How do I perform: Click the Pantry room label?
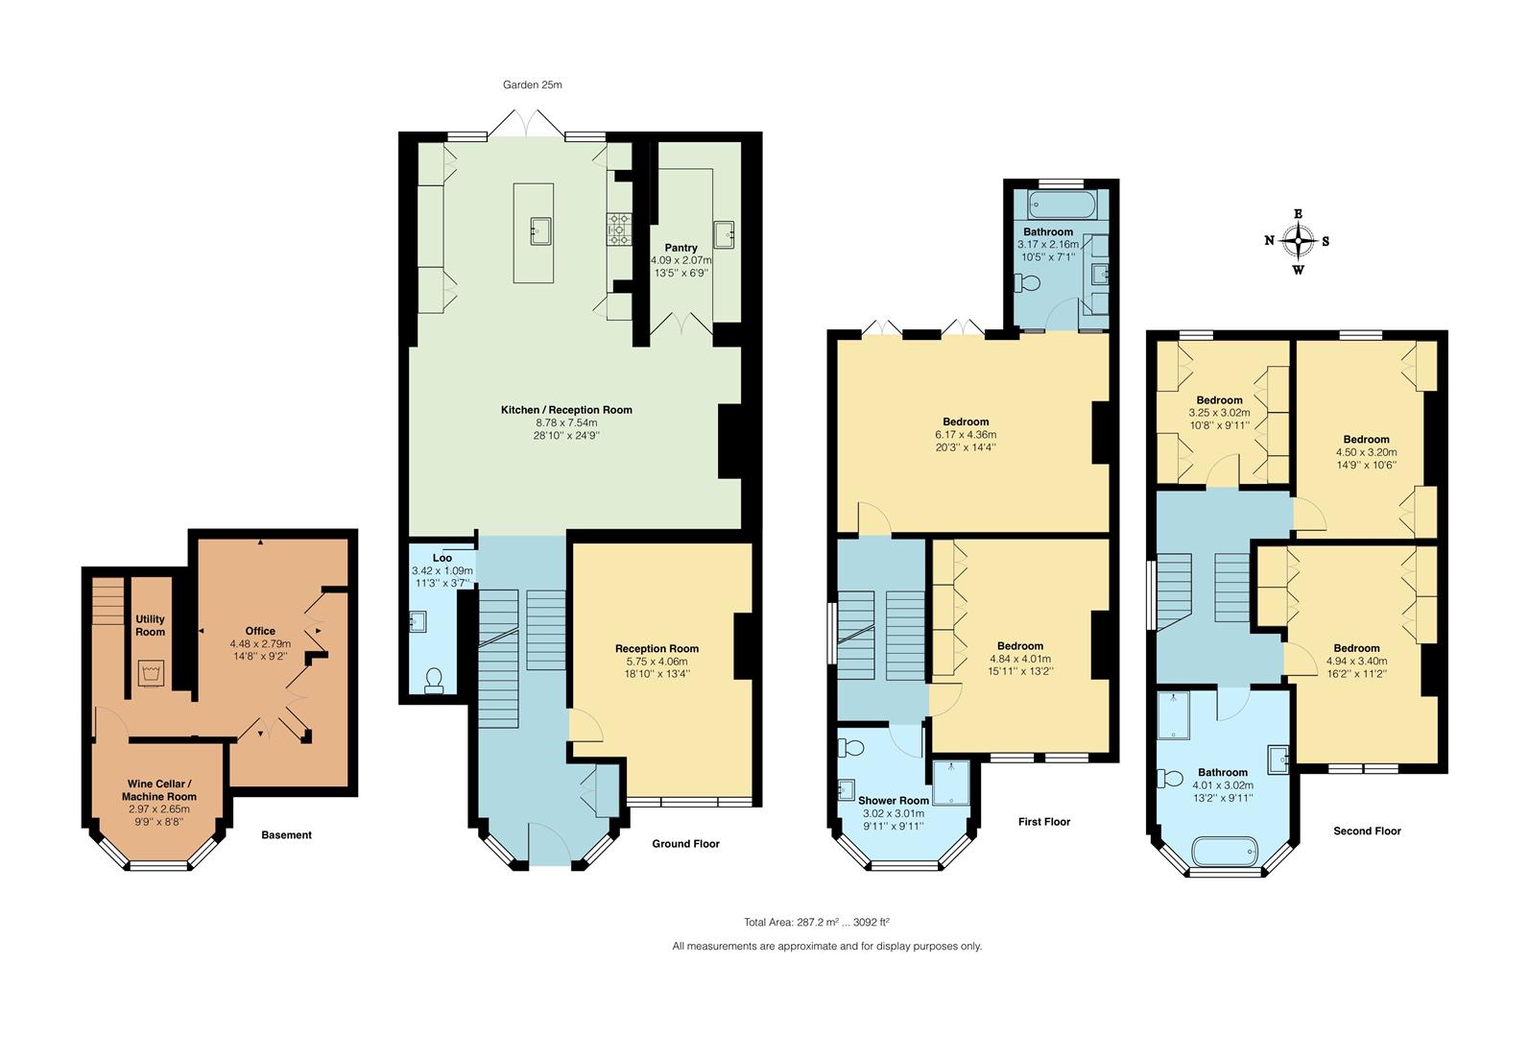[x=681, y=248]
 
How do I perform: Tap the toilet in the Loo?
[x=434, y=681]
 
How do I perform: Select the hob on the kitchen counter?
[x=619, y=229]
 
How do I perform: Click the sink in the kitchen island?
[x=540, y=230]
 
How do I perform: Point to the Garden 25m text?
[x=533, y=84]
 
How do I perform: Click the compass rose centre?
[x=1297, y=241]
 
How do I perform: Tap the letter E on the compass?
[x=1298, y=214]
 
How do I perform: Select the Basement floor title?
[x=286, y=835]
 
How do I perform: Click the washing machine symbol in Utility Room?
[x=150, y=673]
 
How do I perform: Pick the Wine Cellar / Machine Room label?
[x=159, y=790]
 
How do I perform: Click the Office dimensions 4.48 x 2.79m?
[x=260, y=643]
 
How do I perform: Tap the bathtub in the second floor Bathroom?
[x=1225, y=852]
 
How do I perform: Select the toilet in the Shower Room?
[x=850, y=748]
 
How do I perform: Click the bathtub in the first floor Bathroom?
[x=1063, y=205]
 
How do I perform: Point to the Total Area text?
[x=817, y=923]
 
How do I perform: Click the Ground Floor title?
[x=685, y=844]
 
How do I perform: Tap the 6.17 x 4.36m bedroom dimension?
[x=966, y=435]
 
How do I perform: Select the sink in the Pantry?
[x=724, y=235]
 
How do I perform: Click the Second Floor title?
[x=1367, y=831]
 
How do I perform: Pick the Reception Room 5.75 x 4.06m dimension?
[x=657, y=662]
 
